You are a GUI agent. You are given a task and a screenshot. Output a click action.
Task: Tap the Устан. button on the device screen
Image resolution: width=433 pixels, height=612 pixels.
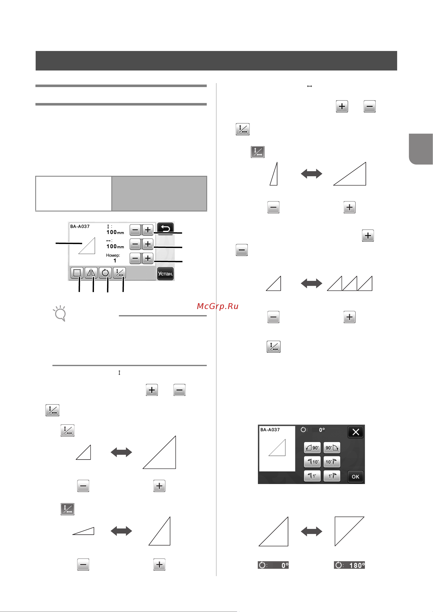165,273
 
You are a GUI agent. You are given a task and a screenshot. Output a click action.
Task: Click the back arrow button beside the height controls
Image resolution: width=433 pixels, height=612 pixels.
165,229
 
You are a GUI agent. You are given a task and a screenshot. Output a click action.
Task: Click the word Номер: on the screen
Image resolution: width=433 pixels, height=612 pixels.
113,255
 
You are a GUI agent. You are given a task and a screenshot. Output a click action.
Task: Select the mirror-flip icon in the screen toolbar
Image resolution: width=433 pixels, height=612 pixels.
91,273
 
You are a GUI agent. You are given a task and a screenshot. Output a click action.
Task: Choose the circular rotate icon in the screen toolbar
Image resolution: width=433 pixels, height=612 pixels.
105,273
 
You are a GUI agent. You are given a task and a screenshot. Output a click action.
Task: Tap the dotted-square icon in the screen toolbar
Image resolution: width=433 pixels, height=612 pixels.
77,273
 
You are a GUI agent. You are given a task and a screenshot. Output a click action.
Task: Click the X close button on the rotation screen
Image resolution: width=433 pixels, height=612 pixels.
356,432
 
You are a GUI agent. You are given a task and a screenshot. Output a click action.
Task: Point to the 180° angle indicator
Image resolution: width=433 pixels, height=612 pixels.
349,565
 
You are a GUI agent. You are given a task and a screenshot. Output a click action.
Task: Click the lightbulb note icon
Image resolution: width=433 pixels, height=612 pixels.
60,313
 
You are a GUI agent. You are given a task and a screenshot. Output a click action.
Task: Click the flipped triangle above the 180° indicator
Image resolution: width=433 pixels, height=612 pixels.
349,531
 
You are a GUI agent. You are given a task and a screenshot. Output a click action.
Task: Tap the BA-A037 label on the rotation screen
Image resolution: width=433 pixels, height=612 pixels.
270,429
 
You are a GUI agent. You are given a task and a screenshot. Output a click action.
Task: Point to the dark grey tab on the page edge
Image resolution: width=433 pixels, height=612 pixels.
421,149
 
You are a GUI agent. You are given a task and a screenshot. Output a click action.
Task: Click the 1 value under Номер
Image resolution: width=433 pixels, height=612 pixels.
115,260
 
